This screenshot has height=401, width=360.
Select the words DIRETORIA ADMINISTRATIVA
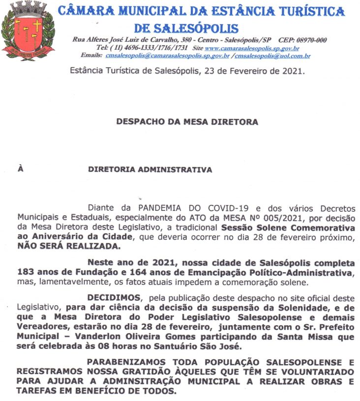pyautogui.click(x=150, y=170)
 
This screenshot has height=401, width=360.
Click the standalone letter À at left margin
pyautogui.click(x=21, y=170)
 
